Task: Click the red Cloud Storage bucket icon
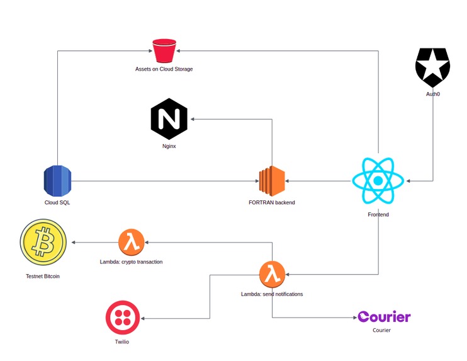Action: (164, 50)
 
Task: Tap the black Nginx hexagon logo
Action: (169, 118)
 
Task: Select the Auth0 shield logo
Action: (433, 67)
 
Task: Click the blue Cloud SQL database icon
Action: (57, 181)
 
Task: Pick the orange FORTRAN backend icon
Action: (272, 181)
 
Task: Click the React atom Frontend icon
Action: (378, 181)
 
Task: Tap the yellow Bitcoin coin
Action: (43, 242)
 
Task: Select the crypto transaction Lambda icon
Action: (132, 242)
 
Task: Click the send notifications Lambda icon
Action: (273, 275)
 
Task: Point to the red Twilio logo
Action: (122, 317)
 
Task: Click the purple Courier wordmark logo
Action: (384, 316)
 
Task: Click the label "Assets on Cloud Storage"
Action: (164, 69)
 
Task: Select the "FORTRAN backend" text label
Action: (272, 202)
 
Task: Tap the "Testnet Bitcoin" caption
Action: (43, 277)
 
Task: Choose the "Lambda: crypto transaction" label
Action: (131, 261)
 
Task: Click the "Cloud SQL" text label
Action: (57, 202)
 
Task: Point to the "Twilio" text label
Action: (122, 341)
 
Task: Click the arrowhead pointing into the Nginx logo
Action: (193, 119)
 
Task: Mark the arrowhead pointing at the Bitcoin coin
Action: (73, 243)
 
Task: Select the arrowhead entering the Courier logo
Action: (355, 318)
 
